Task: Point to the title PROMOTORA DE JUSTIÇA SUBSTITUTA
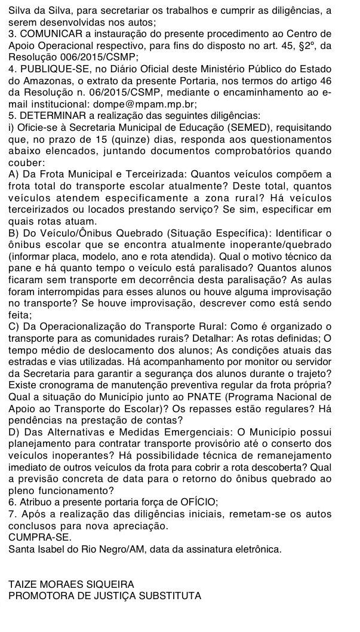click(x=105, y=595)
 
